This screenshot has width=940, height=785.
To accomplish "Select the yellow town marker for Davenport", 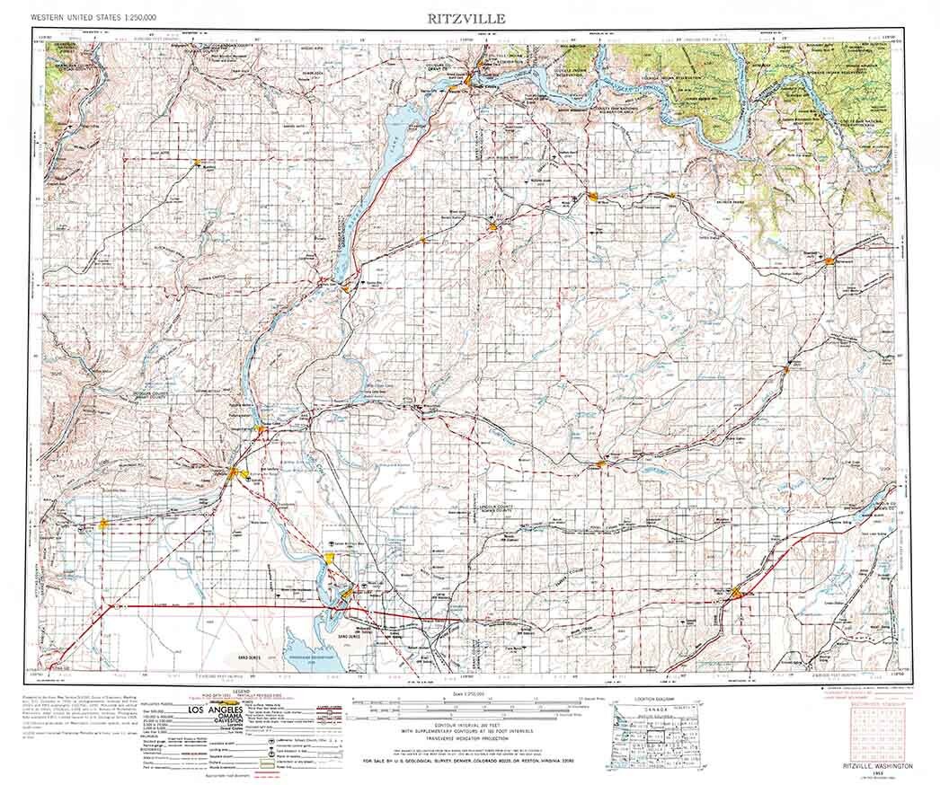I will point(829,260).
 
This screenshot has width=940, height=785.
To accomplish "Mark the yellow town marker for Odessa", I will point(601,463).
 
